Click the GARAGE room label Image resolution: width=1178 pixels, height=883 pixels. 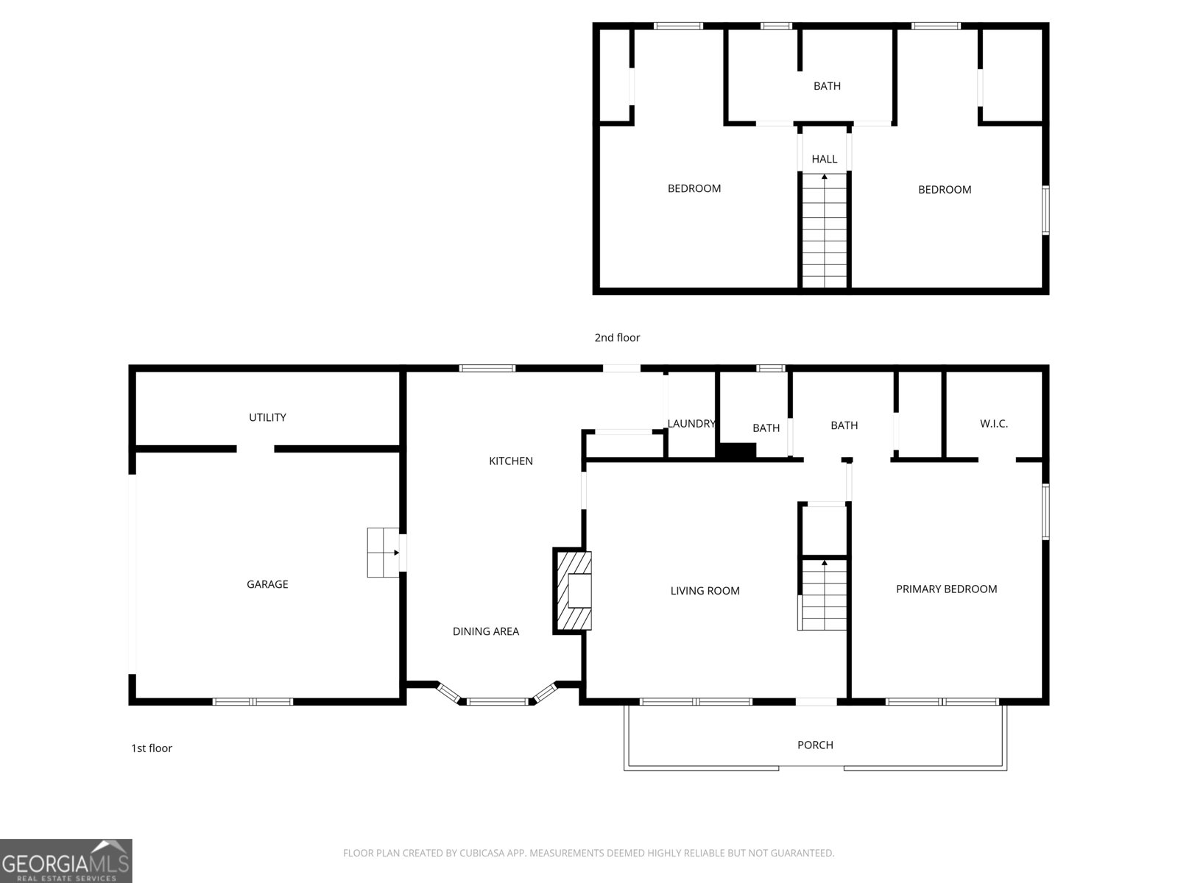(x=267, y=584)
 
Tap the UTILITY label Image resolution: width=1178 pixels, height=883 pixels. (x=267, y=417)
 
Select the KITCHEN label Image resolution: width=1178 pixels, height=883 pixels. (x=511, y=461)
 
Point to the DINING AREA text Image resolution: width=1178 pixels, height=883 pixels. (x=486, y=631)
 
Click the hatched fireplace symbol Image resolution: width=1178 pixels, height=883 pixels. (x=573, y=591)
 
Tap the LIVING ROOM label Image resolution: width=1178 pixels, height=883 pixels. (x=705, y=591)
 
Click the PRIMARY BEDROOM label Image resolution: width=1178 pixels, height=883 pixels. (x=946, y=589)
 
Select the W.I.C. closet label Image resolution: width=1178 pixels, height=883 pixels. (x=994, y=424)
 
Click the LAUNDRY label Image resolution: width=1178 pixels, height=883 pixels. (x=691, y=424)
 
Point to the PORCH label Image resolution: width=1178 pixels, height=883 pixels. (x=815, y=745)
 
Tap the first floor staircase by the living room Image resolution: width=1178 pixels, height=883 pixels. (x=824, y=595)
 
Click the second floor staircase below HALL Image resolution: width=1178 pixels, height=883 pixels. (x=825, y=231)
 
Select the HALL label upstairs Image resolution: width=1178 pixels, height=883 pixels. (x=825, y=159)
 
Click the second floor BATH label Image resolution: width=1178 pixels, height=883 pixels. (x=827, y=86)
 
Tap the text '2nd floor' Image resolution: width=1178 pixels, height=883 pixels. (x=617, y=338)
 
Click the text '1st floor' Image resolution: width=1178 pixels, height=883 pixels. (x=152, y=748)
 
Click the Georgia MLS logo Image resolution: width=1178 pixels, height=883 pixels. (x=66, y=861)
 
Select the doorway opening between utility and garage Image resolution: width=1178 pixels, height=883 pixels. (x=255, y=449)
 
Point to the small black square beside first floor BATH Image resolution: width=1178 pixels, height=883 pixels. (x=736, y=451)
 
